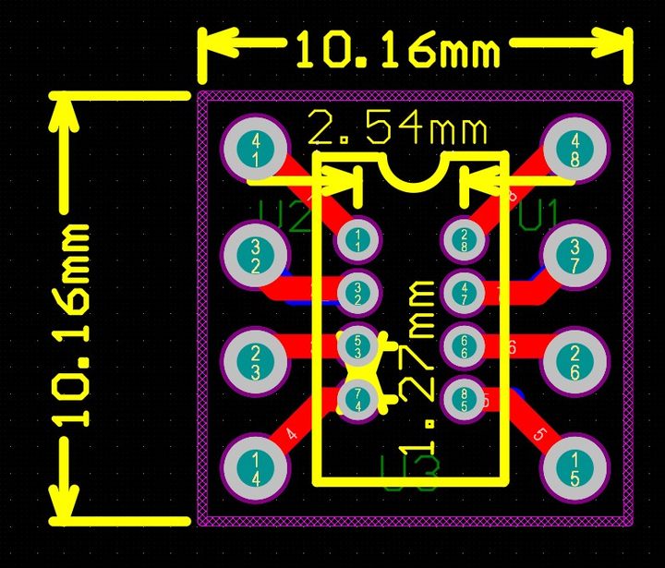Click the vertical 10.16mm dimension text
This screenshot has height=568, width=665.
click(x=72, y=323)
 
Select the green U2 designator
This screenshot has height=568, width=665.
click(x=284, y=219)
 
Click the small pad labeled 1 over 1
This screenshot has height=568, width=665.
click(x=357, y=239)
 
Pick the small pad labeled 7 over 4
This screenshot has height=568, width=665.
click(x=357, y=399)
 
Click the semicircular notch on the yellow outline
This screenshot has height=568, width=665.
click(x=412, y=172)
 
